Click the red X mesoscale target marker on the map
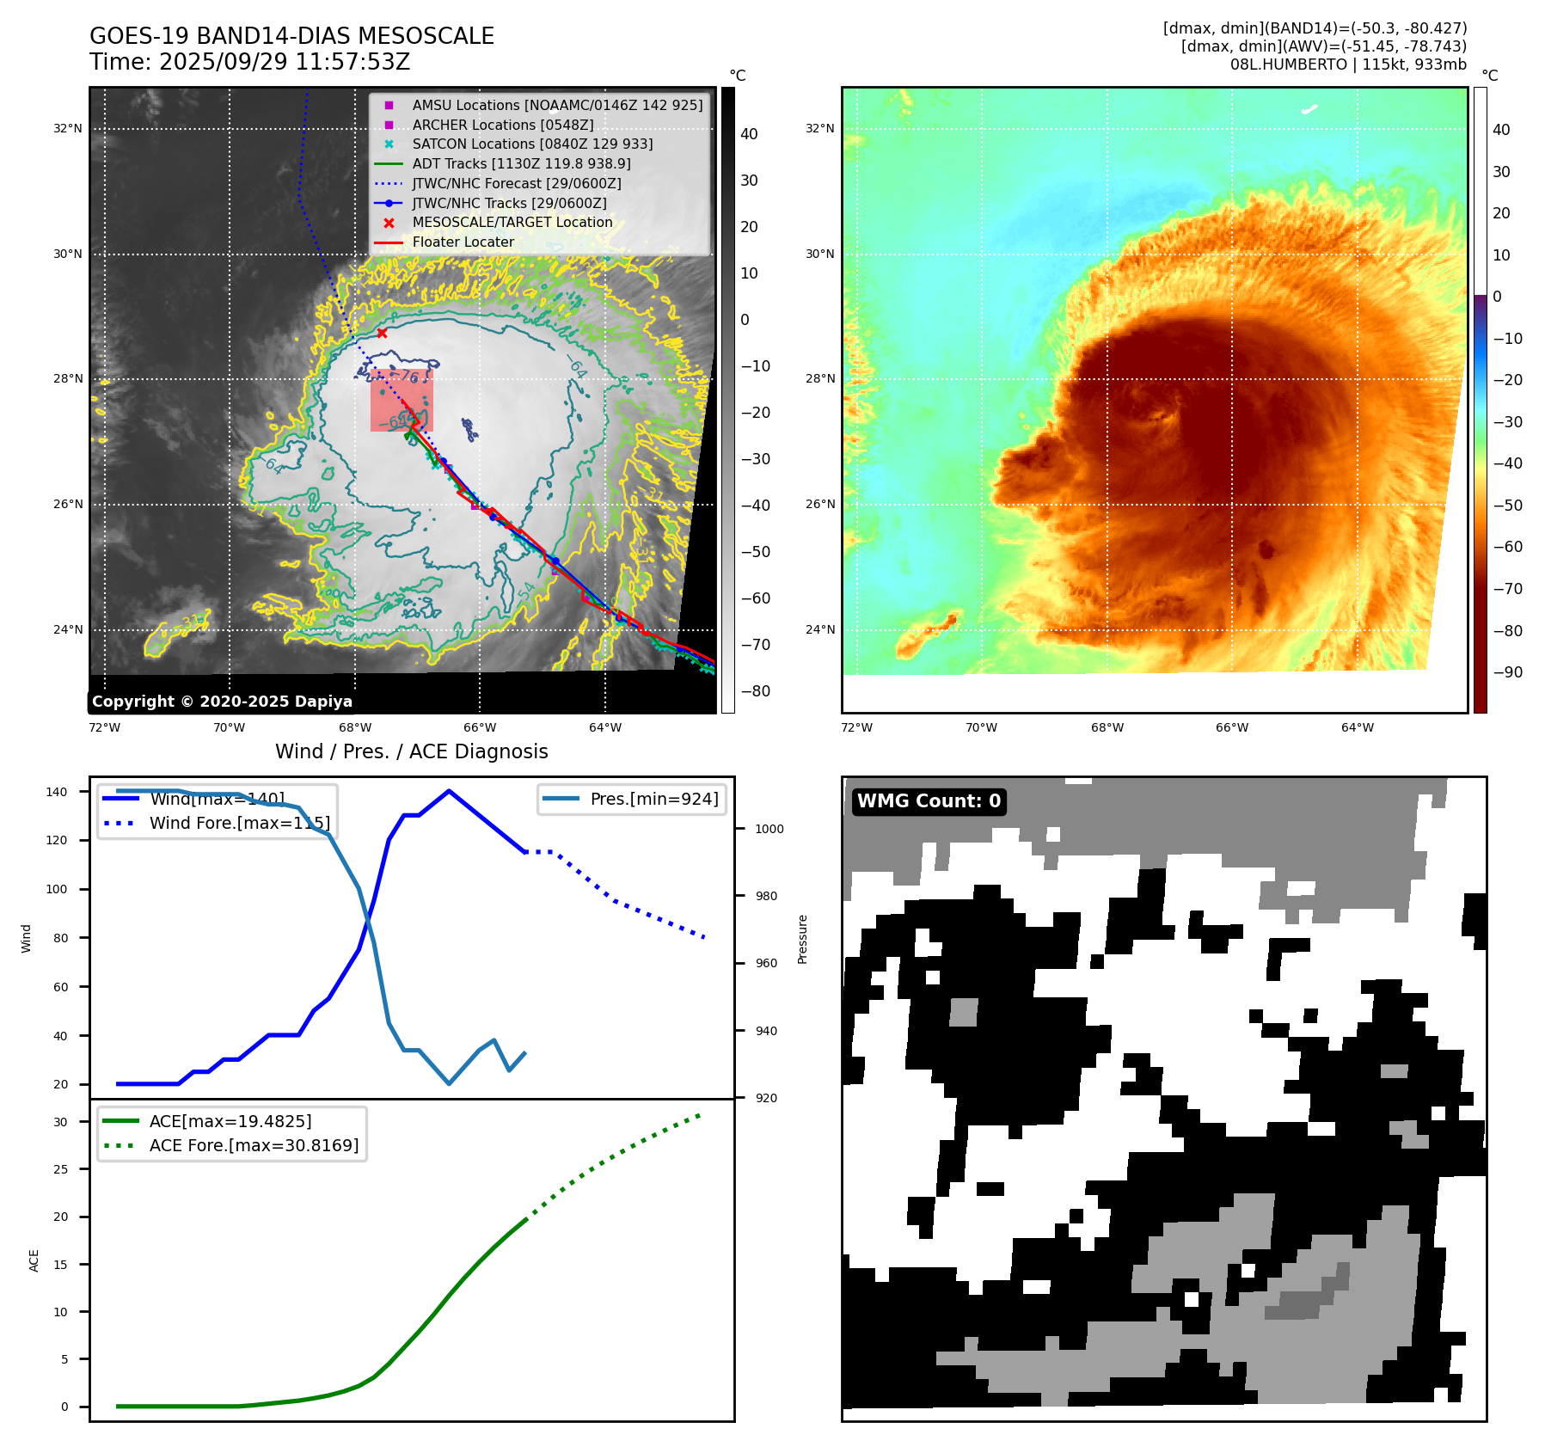382,333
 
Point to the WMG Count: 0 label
929,801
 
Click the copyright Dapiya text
222,702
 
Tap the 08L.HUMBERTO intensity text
1348,64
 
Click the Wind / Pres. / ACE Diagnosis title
411,751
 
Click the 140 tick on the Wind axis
57,792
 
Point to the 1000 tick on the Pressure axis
769,829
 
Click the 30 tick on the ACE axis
60,1122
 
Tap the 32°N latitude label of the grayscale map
68,129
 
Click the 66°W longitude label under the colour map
1231,727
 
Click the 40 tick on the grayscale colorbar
749,134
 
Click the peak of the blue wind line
449,791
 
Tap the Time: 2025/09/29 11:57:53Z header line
249,62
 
